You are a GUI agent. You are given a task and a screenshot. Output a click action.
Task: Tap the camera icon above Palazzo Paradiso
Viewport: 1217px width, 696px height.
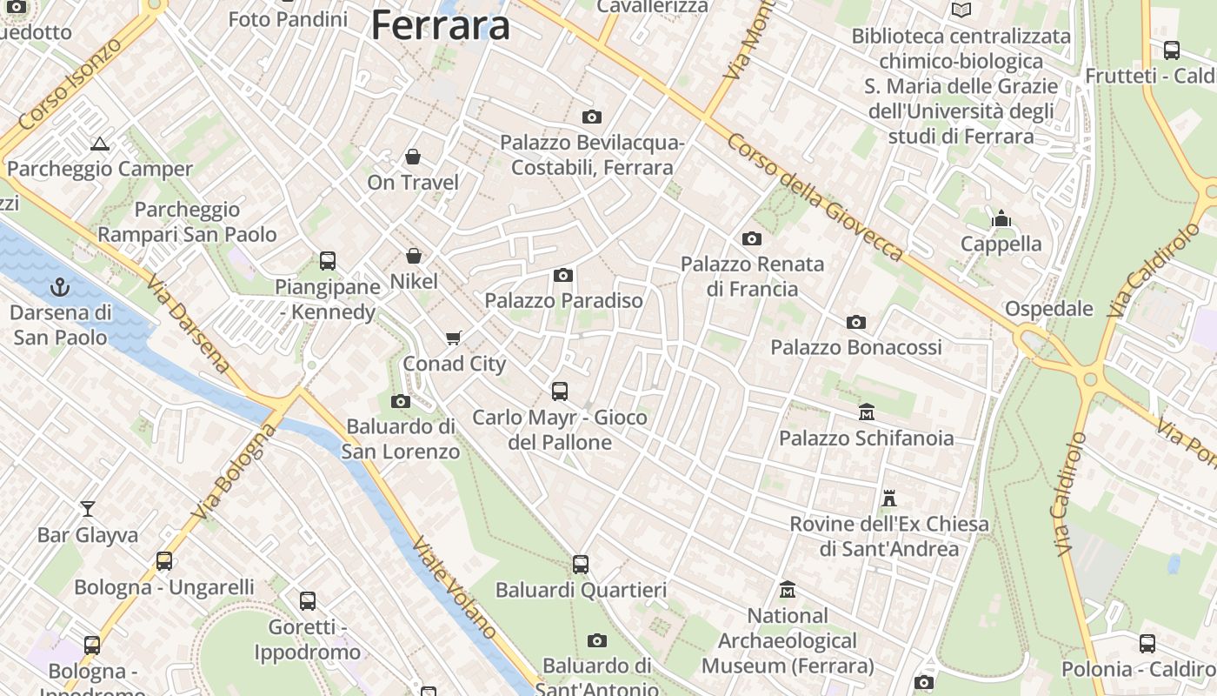(x=563, y=276)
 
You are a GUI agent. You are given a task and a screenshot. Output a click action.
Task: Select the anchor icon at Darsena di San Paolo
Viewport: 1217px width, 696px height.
(x=60, y=286)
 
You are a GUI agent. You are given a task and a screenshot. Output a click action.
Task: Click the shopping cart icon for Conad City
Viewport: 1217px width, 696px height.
(x=453, y=338)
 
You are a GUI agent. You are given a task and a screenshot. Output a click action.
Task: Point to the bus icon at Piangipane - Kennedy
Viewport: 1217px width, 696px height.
(x=328, y=260)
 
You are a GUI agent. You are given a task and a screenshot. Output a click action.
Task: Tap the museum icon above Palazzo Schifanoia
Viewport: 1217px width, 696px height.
(x=866, y=412)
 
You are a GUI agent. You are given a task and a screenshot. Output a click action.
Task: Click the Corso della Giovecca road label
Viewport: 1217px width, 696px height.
(x=815, y=196)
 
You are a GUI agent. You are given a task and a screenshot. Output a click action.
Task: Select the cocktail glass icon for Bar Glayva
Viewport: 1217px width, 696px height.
(x=88, y=508)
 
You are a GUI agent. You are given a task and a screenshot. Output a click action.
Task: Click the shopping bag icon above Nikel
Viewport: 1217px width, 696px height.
(x=414, y=256)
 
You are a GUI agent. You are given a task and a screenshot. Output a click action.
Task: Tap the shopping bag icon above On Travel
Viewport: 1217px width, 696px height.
(x=413, y=157)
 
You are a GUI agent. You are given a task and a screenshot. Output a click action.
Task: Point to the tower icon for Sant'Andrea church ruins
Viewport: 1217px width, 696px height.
(x=888, y=499)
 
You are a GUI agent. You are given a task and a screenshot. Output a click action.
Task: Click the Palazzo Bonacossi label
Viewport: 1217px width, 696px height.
(x=855, y=347)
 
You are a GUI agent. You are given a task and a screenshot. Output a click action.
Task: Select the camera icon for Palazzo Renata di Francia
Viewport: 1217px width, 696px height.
(x=752, y=238)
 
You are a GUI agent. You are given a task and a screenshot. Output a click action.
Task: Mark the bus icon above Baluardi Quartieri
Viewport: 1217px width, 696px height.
(x=581, y=565)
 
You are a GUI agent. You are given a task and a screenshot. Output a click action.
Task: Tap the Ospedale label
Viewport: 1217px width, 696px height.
(x=1048, y=309)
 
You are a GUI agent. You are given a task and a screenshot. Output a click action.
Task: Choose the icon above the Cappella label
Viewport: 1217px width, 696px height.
(x=1001, y=218)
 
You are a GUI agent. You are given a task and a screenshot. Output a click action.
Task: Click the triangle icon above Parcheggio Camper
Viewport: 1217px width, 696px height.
(x=99, y=144)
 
